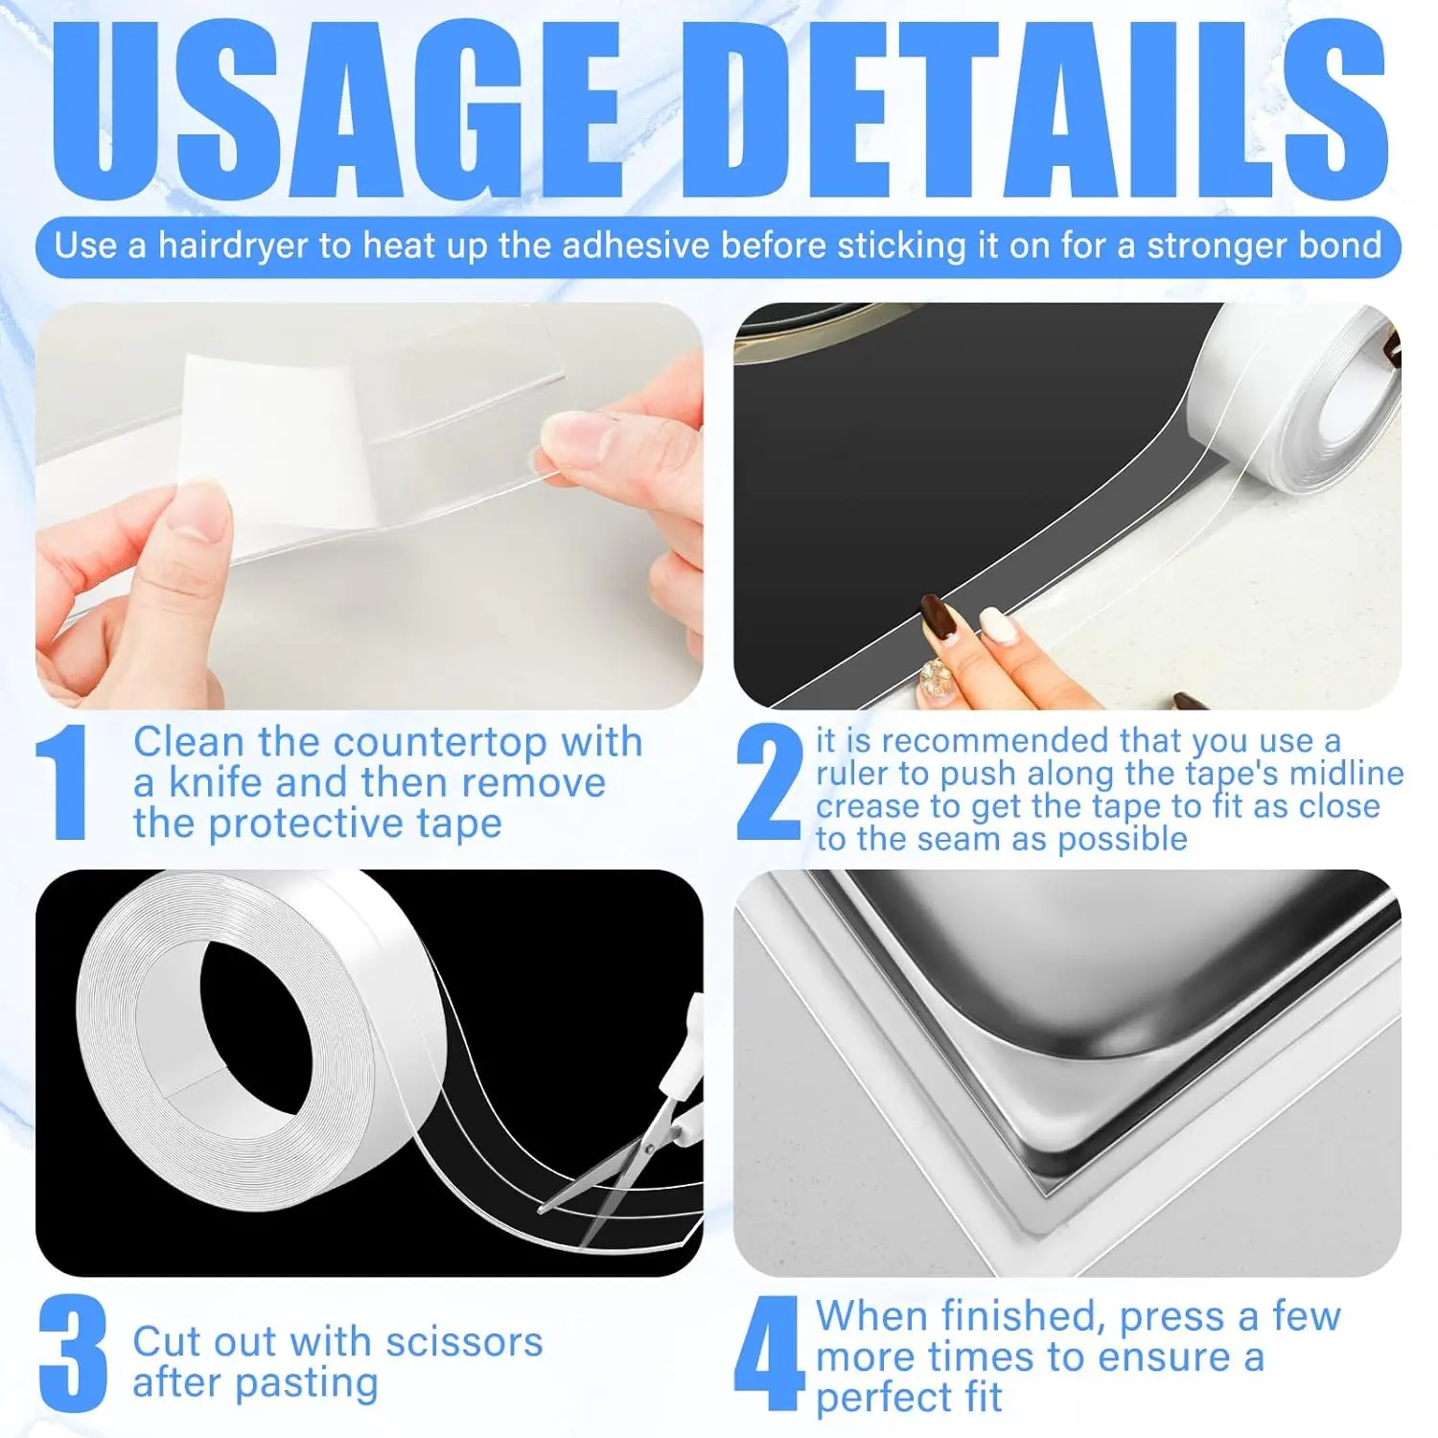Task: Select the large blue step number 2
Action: (x=769, y=783)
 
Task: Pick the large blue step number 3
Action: (x=71, y=1354)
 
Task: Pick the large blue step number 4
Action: (x=767, y=1354)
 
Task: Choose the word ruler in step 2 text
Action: (x=851, y=774)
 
